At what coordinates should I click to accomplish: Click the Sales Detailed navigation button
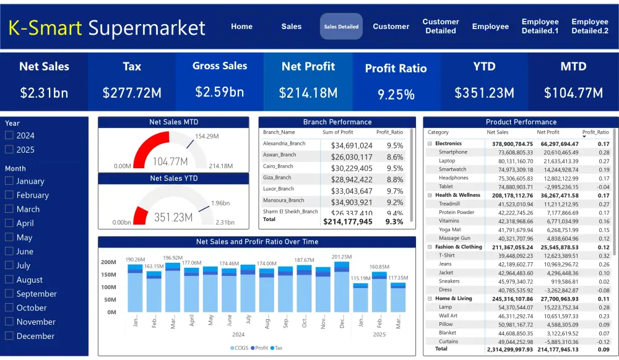tap(341, 27)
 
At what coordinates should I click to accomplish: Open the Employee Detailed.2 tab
tap(589, 26)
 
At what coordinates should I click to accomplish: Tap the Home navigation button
tap(241, 27)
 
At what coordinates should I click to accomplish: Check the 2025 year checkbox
tap(9, 150)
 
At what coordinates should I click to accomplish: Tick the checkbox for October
tap(9, 308)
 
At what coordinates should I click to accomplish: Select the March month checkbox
tap(9, 209)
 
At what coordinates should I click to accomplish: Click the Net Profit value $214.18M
tap(308, 93)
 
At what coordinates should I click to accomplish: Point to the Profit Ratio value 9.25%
tap(396, 94)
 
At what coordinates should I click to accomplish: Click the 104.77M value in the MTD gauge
tap(170, 161)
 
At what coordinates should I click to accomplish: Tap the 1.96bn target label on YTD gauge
tap(220, 203)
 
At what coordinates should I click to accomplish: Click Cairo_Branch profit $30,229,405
tap(351, 168)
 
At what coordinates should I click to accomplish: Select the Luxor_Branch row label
tap(278, 189)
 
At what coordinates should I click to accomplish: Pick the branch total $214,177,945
tap(348, 221)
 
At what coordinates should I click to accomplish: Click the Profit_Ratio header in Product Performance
tap(595, 132)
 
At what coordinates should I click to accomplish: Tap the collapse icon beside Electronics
tap(430, 144)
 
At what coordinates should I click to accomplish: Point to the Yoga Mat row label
tap(450, 229)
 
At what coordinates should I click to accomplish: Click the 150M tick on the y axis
tap(108, 275)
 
